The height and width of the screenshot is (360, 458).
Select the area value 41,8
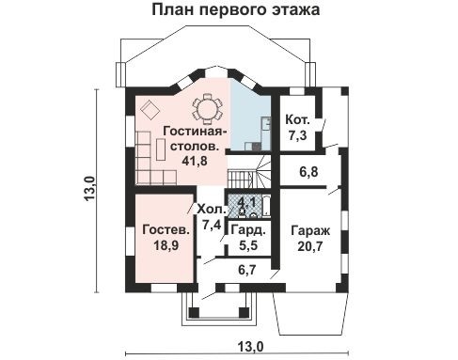(193, 161)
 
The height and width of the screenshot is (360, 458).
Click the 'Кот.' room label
(297, 121)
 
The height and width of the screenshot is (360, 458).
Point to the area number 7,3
(297, 136)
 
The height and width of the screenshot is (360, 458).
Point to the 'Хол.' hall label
(211, 210)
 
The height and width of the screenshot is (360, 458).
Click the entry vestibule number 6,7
(247, 270)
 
